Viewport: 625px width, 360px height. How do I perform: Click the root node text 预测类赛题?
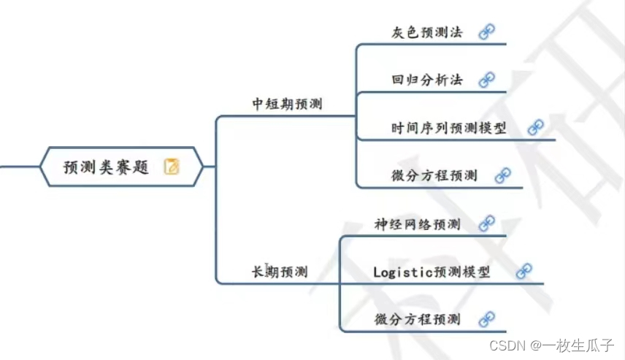106,167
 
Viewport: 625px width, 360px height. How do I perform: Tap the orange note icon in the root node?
172,166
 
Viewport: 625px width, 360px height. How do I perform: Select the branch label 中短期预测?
287,104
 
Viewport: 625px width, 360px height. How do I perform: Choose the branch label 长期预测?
280,272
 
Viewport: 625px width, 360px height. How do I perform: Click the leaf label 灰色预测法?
426,33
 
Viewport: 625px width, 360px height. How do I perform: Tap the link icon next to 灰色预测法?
487,31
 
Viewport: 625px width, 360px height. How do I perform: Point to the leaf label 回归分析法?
426,80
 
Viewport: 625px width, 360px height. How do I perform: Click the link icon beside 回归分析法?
487,79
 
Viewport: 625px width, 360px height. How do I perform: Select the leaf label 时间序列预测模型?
448,128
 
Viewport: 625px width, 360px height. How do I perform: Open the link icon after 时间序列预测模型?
536,128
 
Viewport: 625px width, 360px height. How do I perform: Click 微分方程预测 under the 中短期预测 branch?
434,175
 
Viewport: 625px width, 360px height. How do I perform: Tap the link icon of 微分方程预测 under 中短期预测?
503,175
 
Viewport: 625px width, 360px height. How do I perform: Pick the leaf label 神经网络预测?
417,223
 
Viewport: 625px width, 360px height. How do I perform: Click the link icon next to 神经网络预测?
487,223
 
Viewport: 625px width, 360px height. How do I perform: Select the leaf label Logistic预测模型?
432,272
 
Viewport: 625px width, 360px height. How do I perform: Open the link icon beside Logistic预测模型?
524,271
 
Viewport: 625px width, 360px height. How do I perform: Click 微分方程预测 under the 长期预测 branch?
417,319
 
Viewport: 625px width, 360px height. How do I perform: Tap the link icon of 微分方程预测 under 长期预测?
487,318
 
